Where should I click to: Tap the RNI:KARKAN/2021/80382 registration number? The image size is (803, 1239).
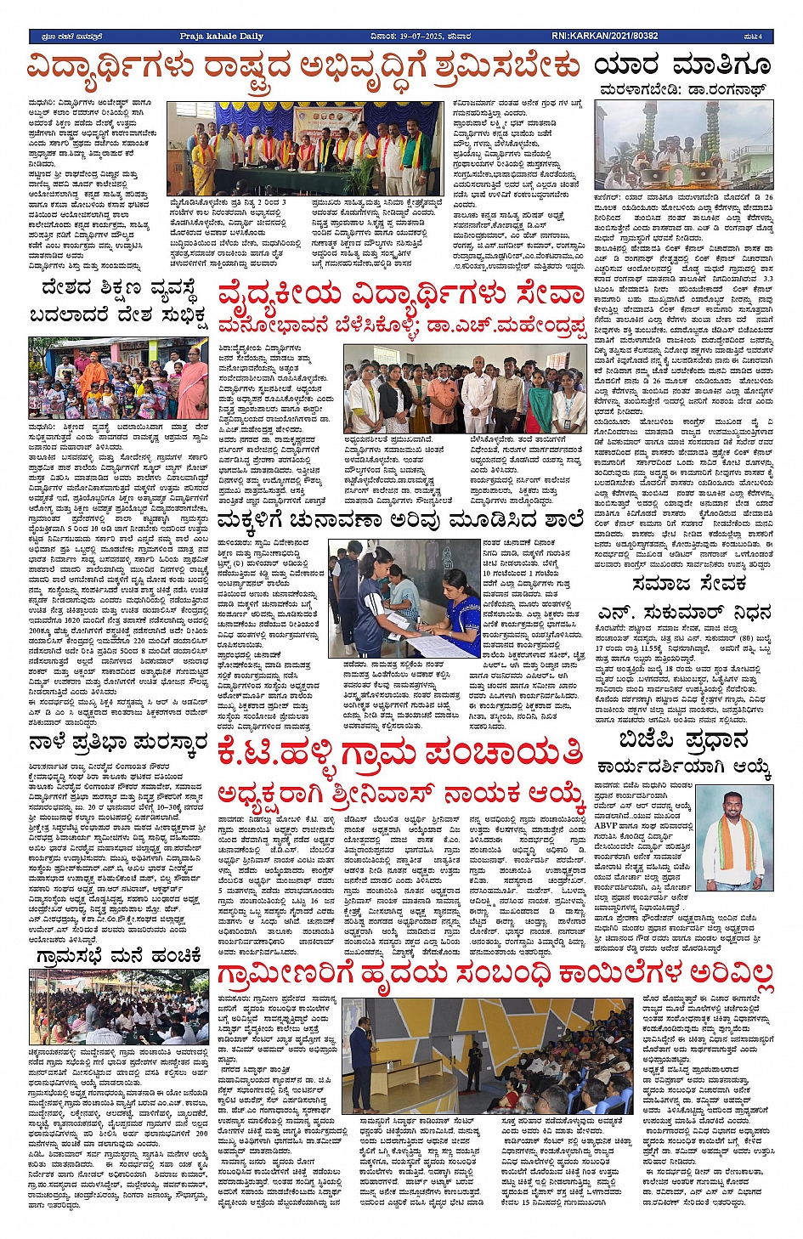pyautogui.click(x=604, y=37)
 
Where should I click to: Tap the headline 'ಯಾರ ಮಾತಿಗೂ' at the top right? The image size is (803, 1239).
pyautogui.click(x=682, y=65)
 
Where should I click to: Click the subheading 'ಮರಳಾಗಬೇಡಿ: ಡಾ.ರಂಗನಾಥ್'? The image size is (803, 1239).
pyautogui.click(x=682, y=88)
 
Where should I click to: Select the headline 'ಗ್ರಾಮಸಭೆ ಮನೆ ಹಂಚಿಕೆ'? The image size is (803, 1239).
pyautogui.click(x=118, y=956)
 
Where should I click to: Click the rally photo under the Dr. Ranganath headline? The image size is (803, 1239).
pyautogui.click(x=683, y=144)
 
